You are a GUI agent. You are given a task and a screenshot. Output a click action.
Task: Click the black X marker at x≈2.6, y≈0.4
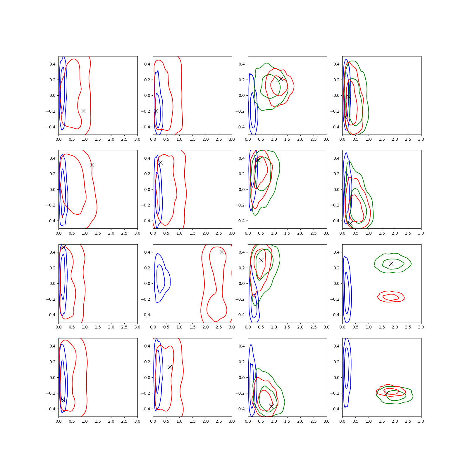221,252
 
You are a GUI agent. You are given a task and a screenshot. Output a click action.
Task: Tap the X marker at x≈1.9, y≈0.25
391,264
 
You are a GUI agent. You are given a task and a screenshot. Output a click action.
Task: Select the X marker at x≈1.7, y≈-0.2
387,393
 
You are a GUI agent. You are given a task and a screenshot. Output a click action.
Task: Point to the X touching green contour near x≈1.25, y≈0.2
281,79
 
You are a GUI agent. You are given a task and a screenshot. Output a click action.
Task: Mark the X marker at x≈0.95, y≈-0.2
83,111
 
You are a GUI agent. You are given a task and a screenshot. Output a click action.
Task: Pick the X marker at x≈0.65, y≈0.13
170,367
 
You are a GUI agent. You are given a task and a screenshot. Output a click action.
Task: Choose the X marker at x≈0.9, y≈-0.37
271,406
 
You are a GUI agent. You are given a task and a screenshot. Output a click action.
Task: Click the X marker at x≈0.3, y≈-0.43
350,223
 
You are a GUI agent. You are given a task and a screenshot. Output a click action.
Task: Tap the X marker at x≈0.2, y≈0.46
63,247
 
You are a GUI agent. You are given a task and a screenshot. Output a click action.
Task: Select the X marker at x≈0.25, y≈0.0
349,97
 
